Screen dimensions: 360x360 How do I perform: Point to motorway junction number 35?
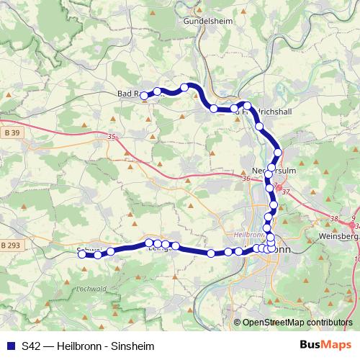pos(111,135)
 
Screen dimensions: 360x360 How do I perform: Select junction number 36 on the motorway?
pos(246,179)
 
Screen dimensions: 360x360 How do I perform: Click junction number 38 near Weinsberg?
pos(333,219)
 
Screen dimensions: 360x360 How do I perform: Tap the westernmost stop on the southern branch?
pos(83,253)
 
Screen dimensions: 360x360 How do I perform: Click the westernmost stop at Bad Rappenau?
pos(144,95)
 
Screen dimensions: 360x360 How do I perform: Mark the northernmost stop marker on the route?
pos(185,87)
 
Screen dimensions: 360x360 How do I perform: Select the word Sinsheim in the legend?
pos(135,346)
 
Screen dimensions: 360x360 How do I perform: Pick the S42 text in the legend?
pos(31,346)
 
